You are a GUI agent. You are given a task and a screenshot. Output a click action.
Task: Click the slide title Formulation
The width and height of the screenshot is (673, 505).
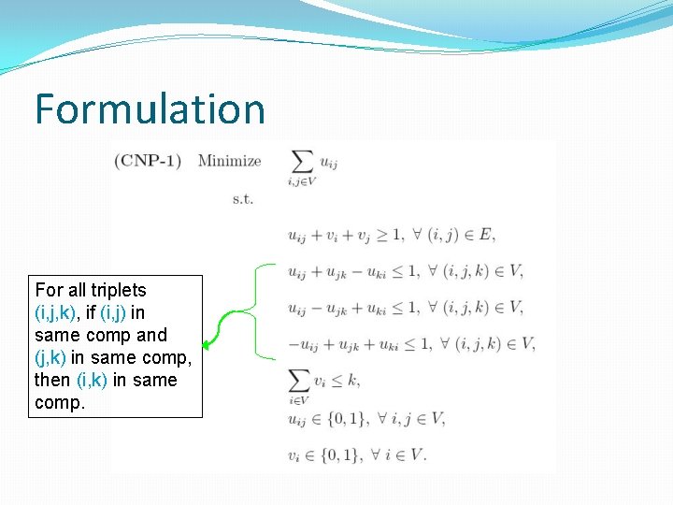pyautogui.click(x=150, y=108)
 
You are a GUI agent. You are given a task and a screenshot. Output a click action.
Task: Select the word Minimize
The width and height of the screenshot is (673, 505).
pyautogui.click(x=229, y=160)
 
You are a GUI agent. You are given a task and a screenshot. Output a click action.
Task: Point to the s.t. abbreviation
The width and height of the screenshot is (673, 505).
pyautogui.click(x=242, y=198)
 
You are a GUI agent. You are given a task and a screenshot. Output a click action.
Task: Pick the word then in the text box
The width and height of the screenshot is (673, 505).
pyautogui.click(x=52, y=380)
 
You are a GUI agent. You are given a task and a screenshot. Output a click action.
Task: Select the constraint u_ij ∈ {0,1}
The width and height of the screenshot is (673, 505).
pyautogui.click(x=366, y=418)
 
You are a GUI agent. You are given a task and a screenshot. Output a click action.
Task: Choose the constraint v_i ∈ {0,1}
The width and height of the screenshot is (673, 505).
pyautogui.click(x=357, y=454)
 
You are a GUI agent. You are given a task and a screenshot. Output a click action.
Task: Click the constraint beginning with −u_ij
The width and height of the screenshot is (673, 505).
pyautogui.click(x=410, y=344)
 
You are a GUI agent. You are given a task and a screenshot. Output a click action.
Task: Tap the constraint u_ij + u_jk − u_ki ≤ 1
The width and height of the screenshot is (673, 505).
pyautogui.click(x=405, y=271)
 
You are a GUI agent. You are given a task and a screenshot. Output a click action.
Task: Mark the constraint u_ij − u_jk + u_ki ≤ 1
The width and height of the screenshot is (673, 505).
pyautogui.click(x=405, y=308)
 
